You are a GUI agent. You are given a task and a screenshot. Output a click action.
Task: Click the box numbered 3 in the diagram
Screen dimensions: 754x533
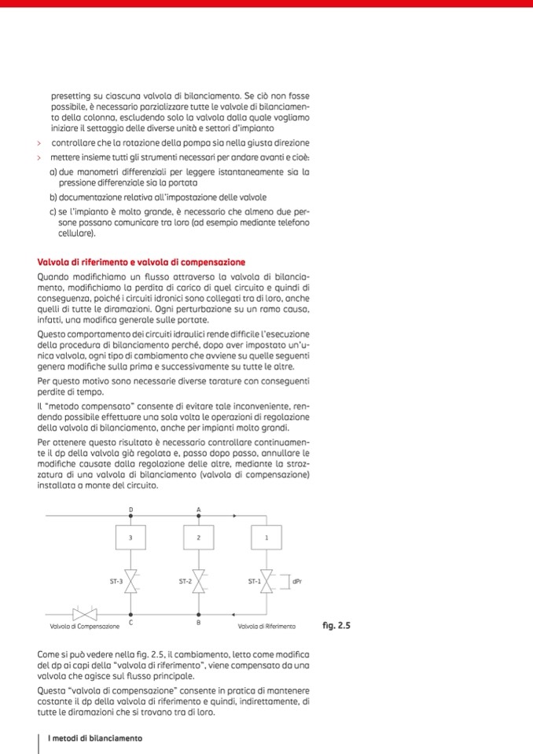(130, 538)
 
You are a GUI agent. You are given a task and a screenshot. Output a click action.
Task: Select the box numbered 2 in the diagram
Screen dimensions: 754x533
(199, 538)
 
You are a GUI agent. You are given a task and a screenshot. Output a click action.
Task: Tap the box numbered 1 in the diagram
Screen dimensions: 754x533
(266, 538)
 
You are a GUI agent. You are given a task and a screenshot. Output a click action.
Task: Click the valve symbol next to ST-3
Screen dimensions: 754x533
(130, 583)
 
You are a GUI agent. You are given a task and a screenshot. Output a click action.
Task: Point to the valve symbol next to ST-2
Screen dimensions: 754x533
(199, 583)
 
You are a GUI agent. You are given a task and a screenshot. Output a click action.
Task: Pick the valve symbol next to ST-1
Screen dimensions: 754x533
(266, 583)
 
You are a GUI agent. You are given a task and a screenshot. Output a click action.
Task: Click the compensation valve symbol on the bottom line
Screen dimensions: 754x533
(84, 614)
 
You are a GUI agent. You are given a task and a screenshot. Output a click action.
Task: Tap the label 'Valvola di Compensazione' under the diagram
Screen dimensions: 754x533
(84, 627)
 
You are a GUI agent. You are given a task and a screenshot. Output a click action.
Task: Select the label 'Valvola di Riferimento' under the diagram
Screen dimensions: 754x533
(266, 627)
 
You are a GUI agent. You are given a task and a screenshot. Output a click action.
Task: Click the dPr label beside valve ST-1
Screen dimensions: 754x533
(296, 583)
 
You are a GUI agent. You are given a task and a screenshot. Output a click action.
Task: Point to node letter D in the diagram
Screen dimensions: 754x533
(130, 509)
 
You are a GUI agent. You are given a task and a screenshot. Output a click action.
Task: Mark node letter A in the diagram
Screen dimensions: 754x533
(199, 509)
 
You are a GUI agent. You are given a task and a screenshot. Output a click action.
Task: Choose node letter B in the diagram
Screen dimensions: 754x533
(199, 622)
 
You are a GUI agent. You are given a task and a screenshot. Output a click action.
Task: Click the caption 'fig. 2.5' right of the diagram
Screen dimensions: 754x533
(336, 626)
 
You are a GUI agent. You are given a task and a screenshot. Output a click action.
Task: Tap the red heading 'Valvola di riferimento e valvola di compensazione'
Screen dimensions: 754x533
(142, 262)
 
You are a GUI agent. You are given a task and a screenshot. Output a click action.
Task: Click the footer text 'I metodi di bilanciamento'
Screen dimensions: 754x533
(95, 738)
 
